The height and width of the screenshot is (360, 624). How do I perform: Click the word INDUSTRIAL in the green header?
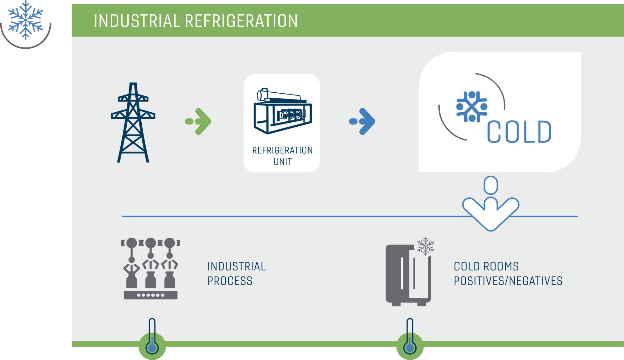(137, 21)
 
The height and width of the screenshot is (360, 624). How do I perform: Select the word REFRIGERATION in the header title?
(241, 21)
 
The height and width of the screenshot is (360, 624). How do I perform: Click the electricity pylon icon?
(133, 122)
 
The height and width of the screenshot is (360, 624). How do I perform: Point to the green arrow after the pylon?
(198, 121)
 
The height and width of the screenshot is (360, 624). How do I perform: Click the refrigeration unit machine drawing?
(283, 111)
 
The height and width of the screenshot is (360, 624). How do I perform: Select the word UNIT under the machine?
(283, 162)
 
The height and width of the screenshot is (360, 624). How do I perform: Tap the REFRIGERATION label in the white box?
(282, 150)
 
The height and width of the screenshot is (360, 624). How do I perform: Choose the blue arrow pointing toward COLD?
(362, 121)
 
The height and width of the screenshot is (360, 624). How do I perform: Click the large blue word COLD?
(519, 132)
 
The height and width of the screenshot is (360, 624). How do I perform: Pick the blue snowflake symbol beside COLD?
(472, 107)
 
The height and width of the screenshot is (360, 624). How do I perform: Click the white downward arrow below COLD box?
(491, 204)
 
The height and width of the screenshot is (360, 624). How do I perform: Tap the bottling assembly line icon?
(151, 269)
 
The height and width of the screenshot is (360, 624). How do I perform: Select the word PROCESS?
(230, 281)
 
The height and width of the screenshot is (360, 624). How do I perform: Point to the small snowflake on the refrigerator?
(426, 246)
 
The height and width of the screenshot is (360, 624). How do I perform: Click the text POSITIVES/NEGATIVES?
(508, 281)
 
